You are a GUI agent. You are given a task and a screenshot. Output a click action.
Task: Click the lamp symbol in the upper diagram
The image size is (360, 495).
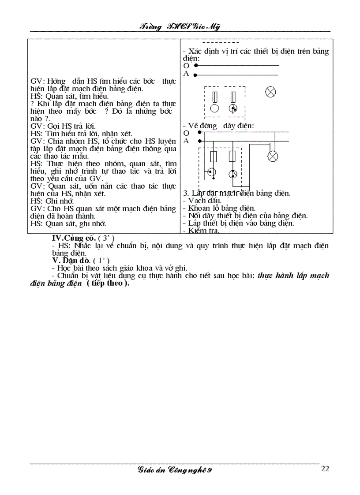[270, 92]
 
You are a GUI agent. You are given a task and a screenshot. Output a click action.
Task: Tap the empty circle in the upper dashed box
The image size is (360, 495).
[214, 108]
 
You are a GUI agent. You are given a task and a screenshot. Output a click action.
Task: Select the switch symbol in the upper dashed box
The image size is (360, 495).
[233, 108]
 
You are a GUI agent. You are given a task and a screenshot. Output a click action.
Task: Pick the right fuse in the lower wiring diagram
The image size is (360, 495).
[232, 156]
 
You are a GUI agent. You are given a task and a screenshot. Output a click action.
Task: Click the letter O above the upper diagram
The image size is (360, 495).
[186, 65]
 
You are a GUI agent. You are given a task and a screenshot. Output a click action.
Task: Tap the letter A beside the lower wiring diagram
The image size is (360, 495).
[186, 141]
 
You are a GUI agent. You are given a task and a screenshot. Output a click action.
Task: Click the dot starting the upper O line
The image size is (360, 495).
[195, 65]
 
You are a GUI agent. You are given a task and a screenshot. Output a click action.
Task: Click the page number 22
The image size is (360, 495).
[325, 469]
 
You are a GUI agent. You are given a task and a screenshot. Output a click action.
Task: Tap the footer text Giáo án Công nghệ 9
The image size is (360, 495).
[176, 470]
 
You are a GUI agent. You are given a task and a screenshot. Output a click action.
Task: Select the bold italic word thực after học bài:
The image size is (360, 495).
[266, 275]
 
